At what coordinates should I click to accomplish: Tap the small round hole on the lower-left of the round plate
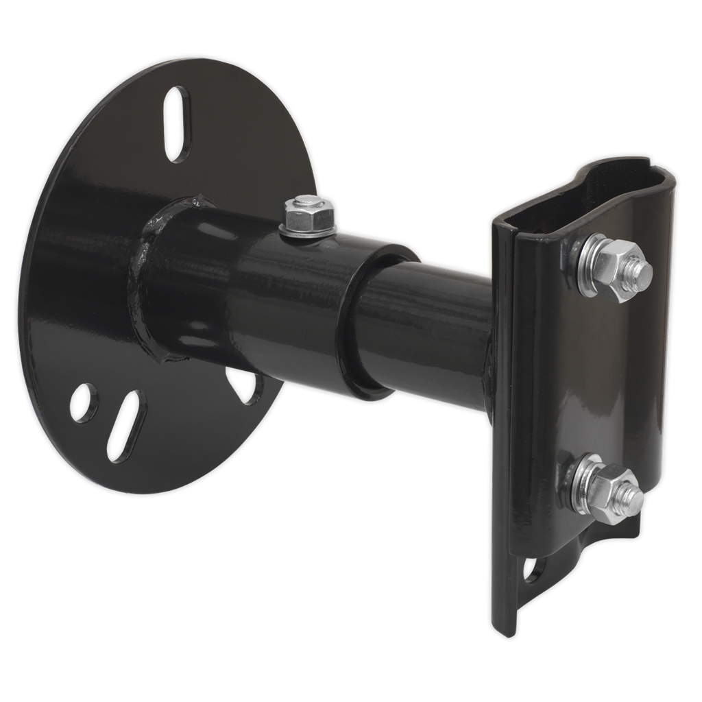tap(84, 402)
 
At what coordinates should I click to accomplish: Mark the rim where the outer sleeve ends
tap(360, 322)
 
